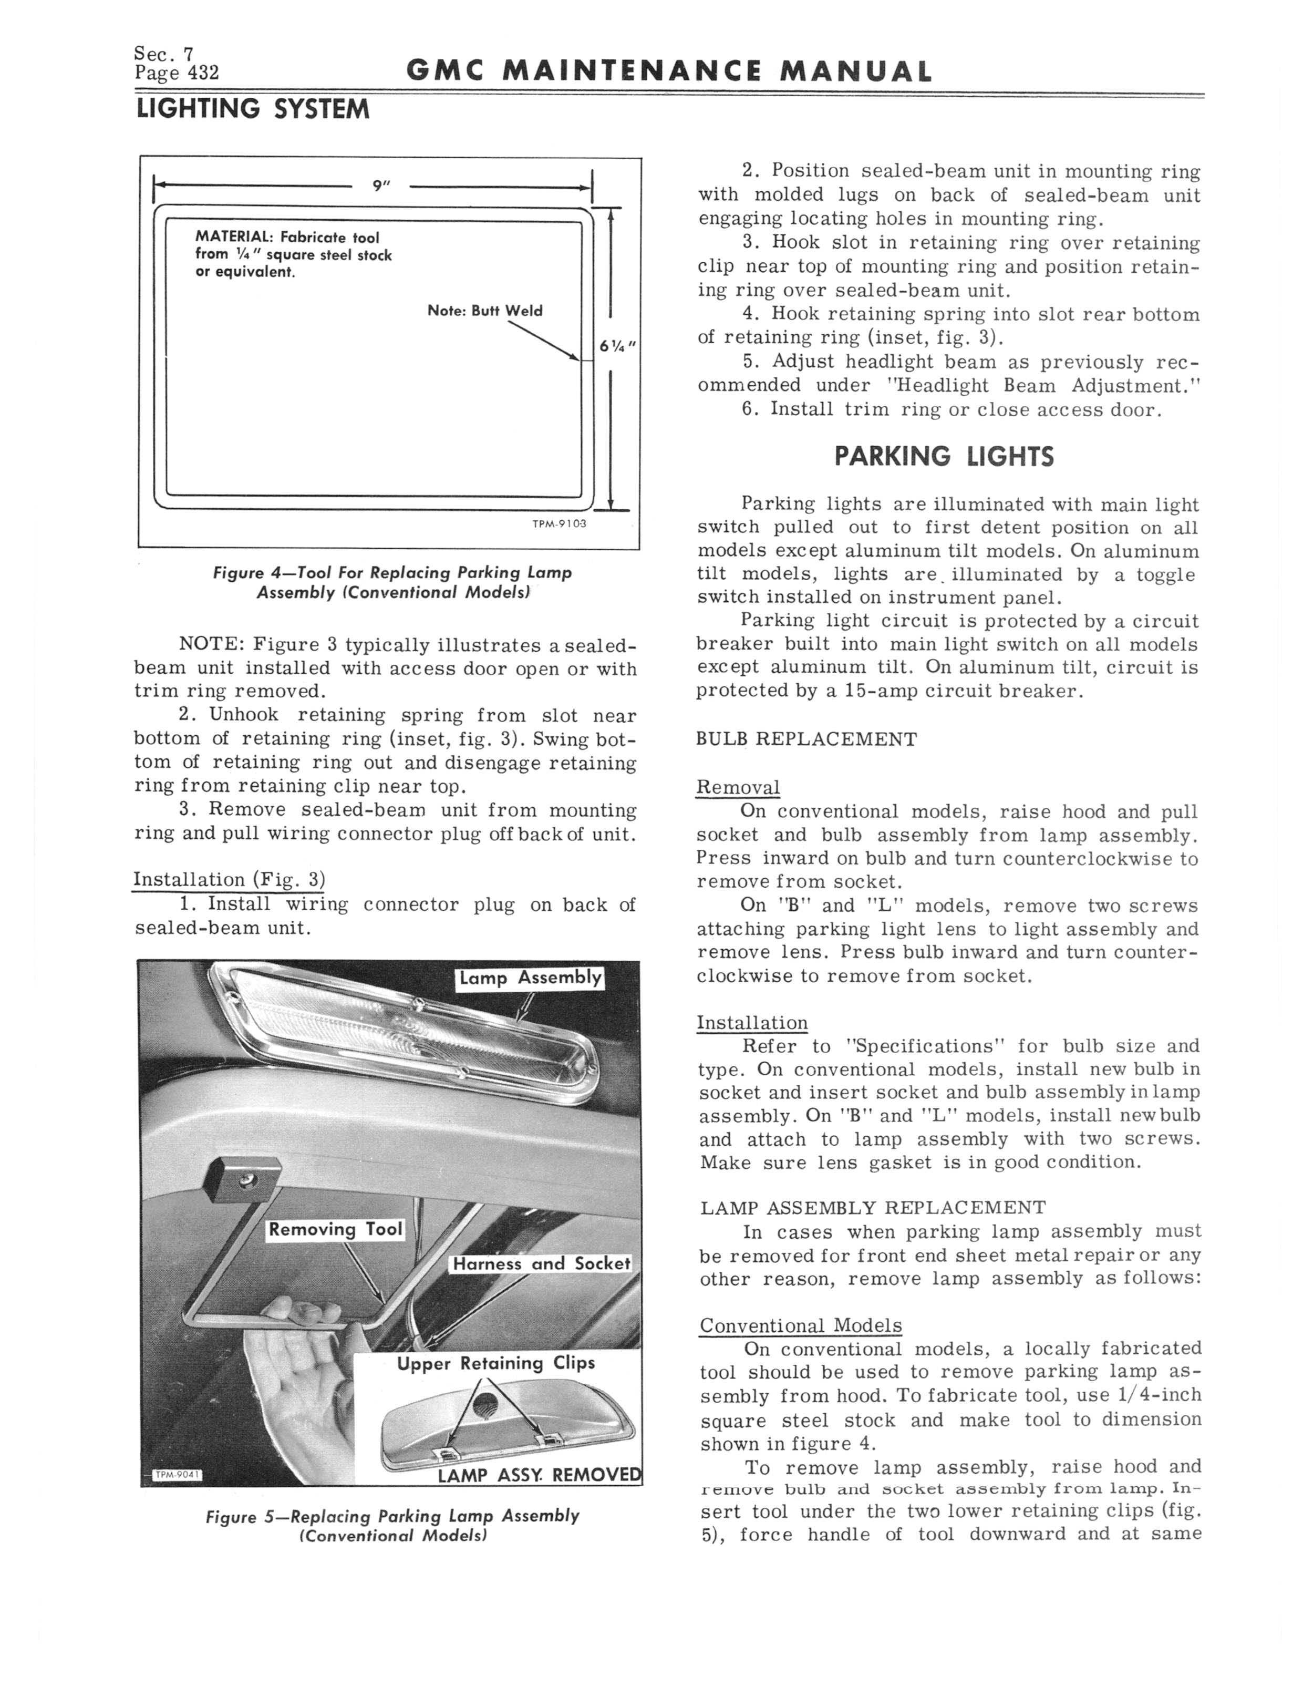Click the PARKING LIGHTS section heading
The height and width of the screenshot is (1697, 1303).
pyautogui.click(x=944, y=456)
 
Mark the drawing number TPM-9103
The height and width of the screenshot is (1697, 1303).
pyautogui.click(x=559, y=524)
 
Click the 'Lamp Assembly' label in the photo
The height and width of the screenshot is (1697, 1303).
pyautogui.click(x=530, y=978)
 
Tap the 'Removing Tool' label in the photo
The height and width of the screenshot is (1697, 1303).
pyautogui.click(x=335, y=1229)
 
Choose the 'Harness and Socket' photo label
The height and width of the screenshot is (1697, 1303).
pyautogui.click(x=541, y=1263)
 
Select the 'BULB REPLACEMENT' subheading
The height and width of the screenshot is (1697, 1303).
pyautogui.click(x=806, y=739)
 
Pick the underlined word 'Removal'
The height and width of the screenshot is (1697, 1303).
pyautogui.click(x=738, y=787)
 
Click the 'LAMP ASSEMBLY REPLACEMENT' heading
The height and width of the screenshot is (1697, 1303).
pyautogui.click(x=873, y=1208)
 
